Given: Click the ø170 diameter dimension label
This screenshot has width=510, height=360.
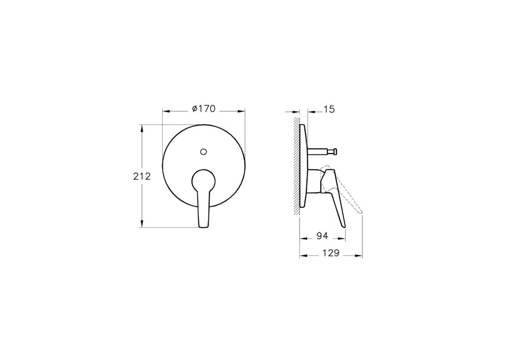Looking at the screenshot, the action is click(203, 109).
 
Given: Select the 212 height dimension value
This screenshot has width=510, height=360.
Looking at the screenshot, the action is click(142, 176).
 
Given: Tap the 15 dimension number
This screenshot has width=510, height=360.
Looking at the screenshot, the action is click(329, 109).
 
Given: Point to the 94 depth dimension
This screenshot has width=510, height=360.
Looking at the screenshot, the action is click(322, 236).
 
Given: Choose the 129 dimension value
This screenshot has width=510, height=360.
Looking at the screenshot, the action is click(331, 253).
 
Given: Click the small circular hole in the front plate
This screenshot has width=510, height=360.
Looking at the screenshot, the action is click(203, 151).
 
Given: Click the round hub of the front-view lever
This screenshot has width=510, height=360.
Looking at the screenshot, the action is click(203, 180).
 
